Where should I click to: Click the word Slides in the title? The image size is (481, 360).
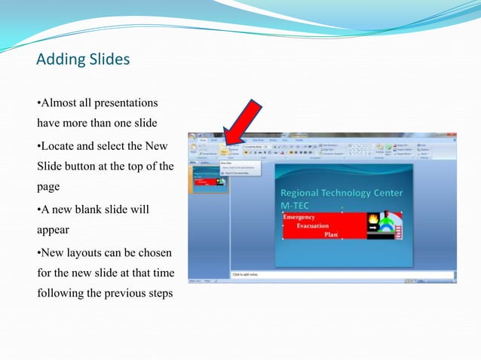pos(109,59)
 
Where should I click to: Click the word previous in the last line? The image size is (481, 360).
pos(125,293)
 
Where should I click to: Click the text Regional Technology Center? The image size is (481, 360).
pos(341,194)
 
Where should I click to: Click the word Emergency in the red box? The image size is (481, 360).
pos(300,217)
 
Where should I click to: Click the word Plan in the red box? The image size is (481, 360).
pos(332,234)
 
